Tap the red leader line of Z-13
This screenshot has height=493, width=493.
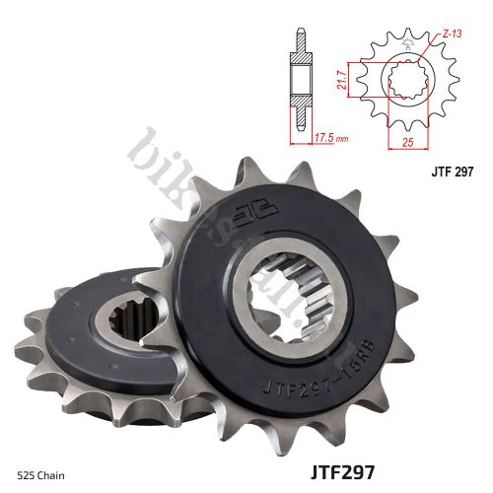433,40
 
